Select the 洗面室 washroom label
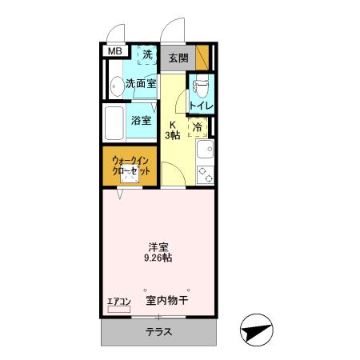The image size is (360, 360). point(140,82)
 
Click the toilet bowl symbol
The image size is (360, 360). point(201,82)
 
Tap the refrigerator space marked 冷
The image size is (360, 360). point(196,126)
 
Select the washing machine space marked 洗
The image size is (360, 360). point(146,55)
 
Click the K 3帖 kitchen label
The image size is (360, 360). point(173,130)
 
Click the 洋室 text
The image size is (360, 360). point(157,246)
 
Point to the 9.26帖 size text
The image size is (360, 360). point(157,258)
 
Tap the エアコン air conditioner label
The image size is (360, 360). point(118,302)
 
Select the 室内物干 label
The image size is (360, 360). point(167,301)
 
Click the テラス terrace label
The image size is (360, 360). point(158,332)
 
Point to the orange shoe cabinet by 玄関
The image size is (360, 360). point(202,57)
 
